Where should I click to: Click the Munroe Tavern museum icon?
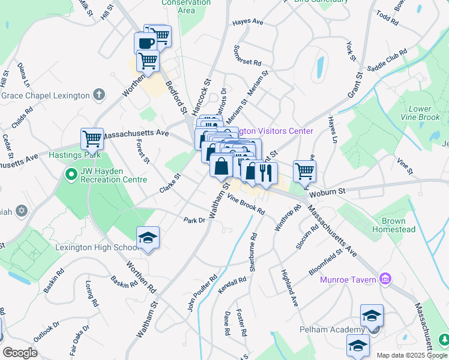[x=385, y=279]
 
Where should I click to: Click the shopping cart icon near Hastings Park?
[x=92, y=139]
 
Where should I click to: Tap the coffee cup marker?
[x=145, y=43]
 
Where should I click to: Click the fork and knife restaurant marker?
[x=266, y=173]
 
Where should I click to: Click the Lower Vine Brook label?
[x=424, y=113]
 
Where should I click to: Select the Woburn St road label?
[x=328, y=191]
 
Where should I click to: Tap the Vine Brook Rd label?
[x=246, y=206]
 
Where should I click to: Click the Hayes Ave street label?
[x=249, y=22]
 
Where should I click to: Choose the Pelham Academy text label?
[x=332, y=330]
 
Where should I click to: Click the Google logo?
[x=20, y=353]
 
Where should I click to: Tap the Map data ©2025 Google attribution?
[x=411, y=355]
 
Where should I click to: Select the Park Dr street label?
[x=194, y=220]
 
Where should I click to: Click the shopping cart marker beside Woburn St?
[x=304, y=171]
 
